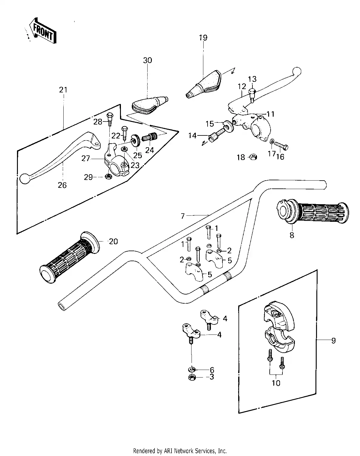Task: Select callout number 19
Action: (203, 38)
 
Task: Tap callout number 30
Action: (148, 60)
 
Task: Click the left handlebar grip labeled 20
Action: (69, 257)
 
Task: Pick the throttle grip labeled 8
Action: (313, 211)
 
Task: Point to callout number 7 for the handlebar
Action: (183, 216)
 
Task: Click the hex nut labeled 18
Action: (253, 157)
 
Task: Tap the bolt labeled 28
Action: (110, 119)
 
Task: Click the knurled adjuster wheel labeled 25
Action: (135, 140)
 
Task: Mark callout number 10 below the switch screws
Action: (276, 383)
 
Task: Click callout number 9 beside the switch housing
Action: (333, 341)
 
